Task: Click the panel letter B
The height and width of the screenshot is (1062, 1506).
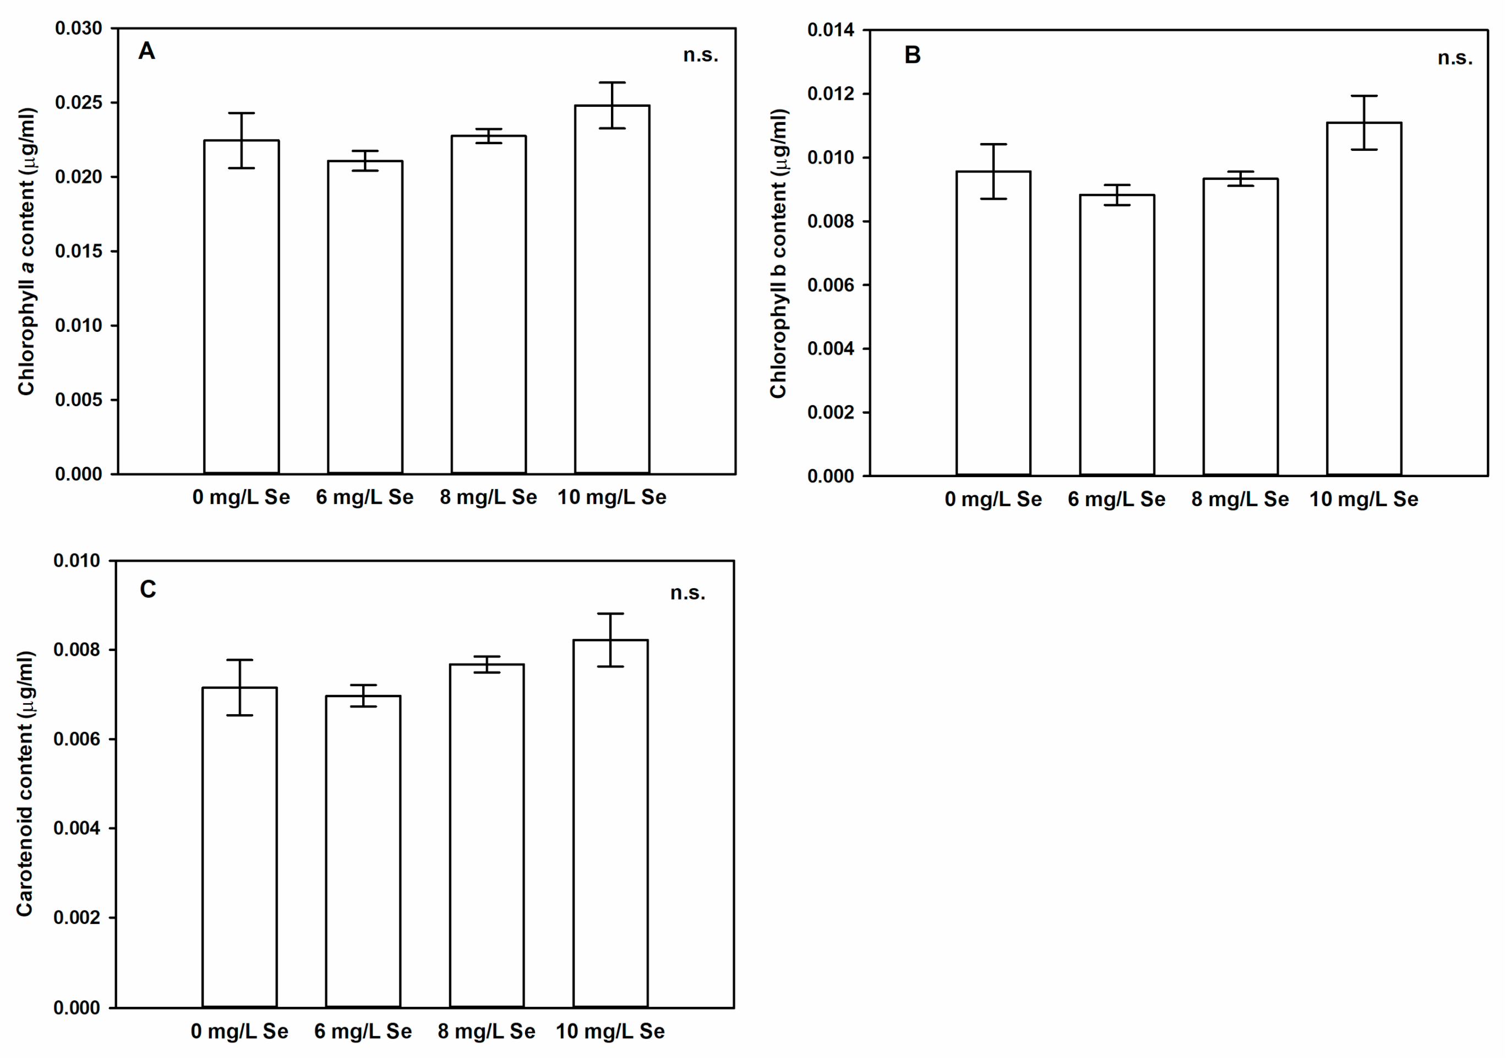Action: (x=913, y=55)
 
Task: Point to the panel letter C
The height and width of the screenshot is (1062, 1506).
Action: (x=148, y=589)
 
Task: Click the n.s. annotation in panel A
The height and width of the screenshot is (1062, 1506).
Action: (x=701, y=55)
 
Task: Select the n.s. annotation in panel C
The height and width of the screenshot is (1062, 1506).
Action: (x=687, y=593)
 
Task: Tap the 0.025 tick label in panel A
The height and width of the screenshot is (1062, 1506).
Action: (x=79, y=103)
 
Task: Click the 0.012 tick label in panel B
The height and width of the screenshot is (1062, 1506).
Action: (x=831, y=94)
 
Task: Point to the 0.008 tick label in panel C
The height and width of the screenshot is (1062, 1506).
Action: (x=77, y=650)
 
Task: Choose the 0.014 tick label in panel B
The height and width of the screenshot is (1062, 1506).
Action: (x=831, y=30)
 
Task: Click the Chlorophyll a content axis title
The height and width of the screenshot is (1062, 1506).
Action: (x=26, y=251)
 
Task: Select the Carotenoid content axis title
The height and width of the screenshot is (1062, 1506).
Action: (x=25, y=784)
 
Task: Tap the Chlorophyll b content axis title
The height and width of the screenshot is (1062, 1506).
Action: (x=778, y=254)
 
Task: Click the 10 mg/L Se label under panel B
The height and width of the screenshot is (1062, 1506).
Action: (x=1363, y=500)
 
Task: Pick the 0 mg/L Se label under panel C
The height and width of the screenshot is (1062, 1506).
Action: (x=239, y=1031)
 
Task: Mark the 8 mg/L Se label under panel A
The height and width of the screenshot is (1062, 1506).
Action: (x=488, y=497)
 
